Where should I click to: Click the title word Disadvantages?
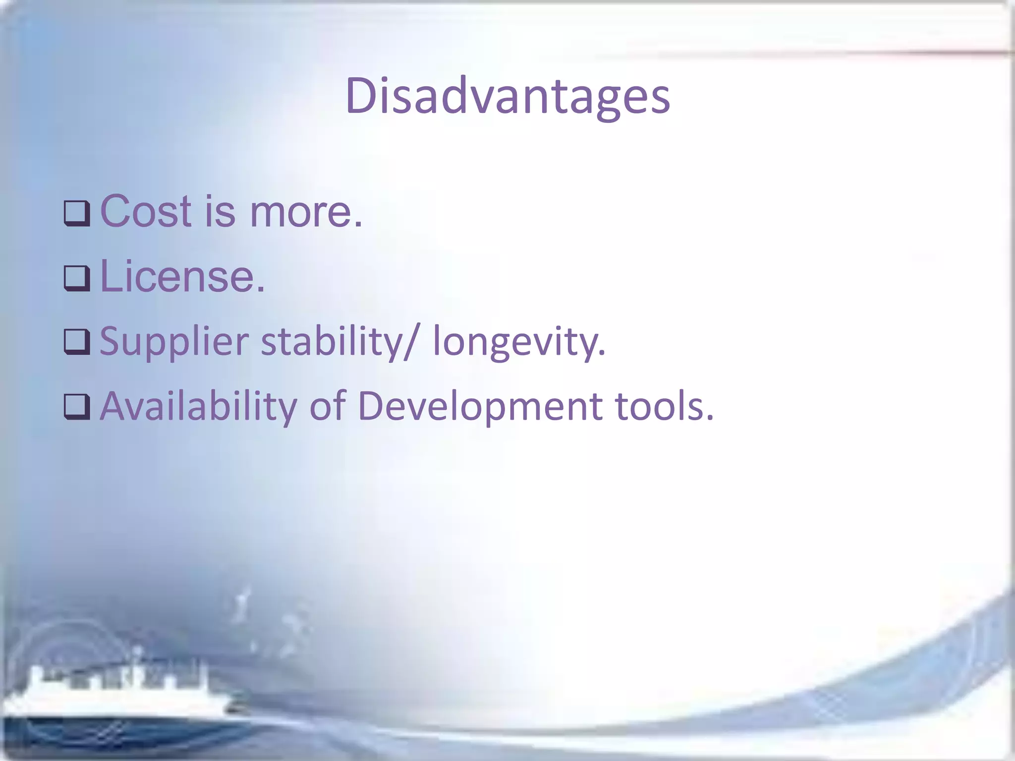point(507,96)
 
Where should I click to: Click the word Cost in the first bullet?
point(146,212)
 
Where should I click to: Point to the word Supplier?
point(174,342)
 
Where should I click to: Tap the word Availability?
point(198,406)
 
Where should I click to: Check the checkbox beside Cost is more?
point(77,214)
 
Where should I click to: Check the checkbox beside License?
point(77,278)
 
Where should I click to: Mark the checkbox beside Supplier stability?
point(77,342)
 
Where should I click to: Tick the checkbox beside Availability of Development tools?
point(77,407)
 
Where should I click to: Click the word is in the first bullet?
point(220,212)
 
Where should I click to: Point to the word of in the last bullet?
point(327,406)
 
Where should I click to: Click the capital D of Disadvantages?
point(360,96)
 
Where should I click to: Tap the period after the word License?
point(261,289)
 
